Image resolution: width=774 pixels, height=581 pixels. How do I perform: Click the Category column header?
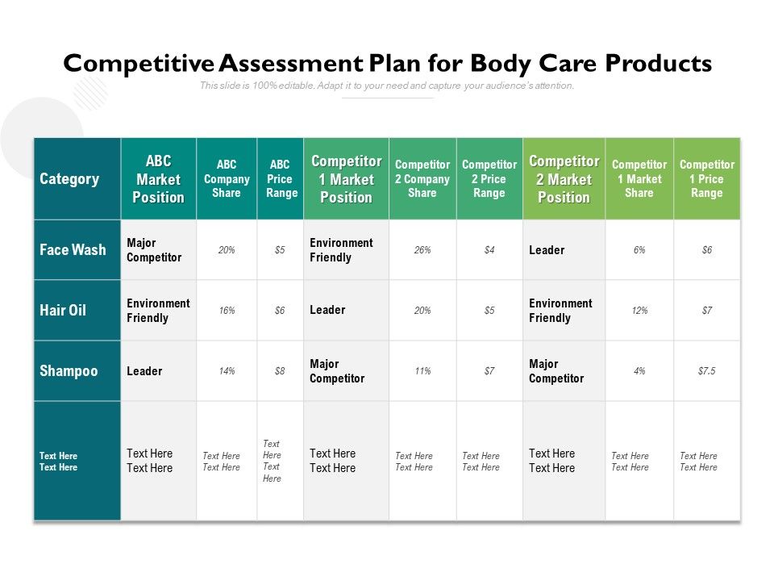[x=69, y=179]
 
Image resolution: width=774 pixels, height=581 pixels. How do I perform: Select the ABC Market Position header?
[x=158, y=179]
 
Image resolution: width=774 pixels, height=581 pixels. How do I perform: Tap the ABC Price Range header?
[x=281, y=179]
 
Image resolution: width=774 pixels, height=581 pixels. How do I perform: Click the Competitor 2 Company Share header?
[x=422, y=179]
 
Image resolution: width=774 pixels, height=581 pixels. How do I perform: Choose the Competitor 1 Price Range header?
[x=706, y=179]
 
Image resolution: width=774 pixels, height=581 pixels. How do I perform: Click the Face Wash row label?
[x=73, y=250]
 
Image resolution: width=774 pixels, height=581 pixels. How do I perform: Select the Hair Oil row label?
[x=63, y=311]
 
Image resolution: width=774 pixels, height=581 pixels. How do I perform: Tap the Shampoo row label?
[x=69, y=371]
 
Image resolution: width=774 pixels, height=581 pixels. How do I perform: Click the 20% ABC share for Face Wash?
[x=227, y=250]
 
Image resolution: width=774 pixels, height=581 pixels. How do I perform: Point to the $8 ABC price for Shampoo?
[x=280, y=371]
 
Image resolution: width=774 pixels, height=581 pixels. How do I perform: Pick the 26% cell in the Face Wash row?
[x=422, y=250]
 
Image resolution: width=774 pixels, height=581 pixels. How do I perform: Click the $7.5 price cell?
[x=706, y=371]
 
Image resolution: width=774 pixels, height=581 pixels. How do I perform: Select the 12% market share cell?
[x=639, y=311]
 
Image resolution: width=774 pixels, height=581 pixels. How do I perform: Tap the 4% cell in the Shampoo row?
[x=639, y=371]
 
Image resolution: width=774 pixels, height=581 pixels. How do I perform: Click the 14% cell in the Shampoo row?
[x=227, y=371]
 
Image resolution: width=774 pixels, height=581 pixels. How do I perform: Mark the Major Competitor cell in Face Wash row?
[x=154, y=250]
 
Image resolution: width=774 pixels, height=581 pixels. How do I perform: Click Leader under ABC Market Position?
[x=144, y=371]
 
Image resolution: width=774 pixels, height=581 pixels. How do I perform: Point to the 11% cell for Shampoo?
[x=422, y=371]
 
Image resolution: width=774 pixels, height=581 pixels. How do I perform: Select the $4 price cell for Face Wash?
[x=489, y=250]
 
